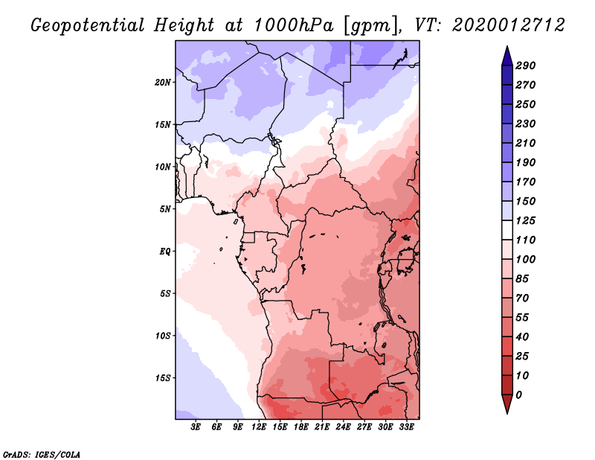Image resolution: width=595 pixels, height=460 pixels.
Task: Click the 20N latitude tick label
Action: click(163, 82)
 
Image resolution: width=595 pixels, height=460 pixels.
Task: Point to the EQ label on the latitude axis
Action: click(165, 251)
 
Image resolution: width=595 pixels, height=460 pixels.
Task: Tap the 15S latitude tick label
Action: click(163, 377)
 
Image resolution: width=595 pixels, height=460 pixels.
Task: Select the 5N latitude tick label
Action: click(165, 208)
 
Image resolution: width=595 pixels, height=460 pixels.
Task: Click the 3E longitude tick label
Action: click(196, 428)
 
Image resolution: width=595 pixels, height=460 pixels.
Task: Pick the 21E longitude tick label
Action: click(322, 428)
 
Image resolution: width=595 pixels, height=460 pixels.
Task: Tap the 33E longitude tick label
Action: click(406, 428)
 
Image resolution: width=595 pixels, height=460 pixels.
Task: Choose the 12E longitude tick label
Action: click(259, 428)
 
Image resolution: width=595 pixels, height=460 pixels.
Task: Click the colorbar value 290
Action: click(525, 66)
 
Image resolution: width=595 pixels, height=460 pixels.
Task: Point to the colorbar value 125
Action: click(525, 220)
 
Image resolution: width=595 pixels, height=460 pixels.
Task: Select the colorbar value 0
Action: click(518, 394)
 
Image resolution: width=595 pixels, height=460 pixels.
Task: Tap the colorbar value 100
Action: click(525, 259)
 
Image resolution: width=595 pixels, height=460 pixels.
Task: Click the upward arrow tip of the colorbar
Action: click(506, 48)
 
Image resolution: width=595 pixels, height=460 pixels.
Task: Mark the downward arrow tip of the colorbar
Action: click(506, 412)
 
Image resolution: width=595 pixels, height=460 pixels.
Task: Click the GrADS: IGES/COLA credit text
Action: click(42, 453)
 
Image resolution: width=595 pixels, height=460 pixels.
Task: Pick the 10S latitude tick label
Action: click(163, 335)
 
